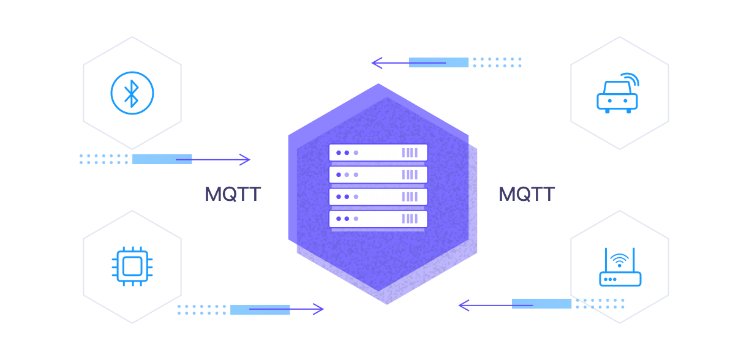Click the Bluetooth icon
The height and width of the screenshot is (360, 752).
132,93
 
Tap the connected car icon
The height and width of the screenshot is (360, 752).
617,96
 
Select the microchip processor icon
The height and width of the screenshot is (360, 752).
132,266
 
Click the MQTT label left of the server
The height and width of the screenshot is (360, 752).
233,195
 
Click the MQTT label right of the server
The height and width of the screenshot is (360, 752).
527,195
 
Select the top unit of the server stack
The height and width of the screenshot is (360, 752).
378,152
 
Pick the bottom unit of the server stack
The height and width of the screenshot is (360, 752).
378,219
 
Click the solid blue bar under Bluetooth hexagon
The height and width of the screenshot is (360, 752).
162,159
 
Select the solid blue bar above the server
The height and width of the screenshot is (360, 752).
438,62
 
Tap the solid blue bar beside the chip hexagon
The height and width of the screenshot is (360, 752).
260,310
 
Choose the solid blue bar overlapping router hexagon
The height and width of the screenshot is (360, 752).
541,304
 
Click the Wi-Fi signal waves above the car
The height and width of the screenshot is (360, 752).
630,80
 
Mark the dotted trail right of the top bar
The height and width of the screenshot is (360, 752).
497,62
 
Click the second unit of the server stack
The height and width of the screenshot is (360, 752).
378,174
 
